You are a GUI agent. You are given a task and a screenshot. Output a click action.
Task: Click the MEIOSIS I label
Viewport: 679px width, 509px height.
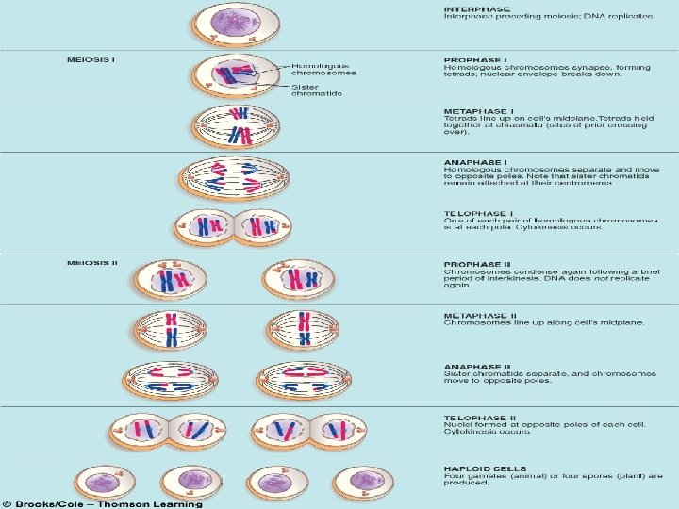[x=91, y=60]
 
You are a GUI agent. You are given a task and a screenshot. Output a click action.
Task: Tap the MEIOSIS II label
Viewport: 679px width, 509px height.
[x=92, y=262]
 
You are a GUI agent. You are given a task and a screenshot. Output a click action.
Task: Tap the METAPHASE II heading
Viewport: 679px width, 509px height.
[x=479, y=314]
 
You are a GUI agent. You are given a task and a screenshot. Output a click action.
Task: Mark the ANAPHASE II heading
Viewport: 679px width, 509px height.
[x=476, y=366]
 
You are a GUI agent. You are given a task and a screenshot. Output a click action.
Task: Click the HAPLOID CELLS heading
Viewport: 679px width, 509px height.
[x=484, y=468]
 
